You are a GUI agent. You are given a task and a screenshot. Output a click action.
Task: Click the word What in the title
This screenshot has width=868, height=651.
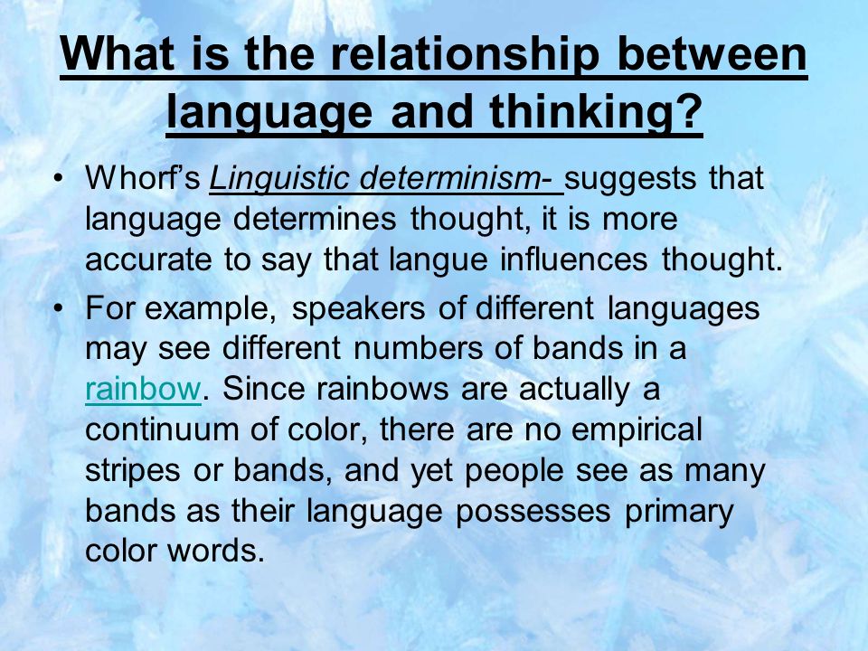point(117,53)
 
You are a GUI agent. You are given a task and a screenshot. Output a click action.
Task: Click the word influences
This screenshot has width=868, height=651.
point(573,259)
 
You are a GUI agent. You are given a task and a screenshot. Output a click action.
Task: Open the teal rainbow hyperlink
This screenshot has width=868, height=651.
point(143,388)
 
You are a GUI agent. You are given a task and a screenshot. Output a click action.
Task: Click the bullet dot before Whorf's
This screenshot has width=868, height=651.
point(58,178)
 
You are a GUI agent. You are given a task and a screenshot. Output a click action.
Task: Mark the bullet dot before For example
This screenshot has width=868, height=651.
point(58,308)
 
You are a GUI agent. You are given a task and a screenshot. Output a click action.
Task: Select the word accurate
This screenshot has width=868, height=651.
point(148,259)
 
